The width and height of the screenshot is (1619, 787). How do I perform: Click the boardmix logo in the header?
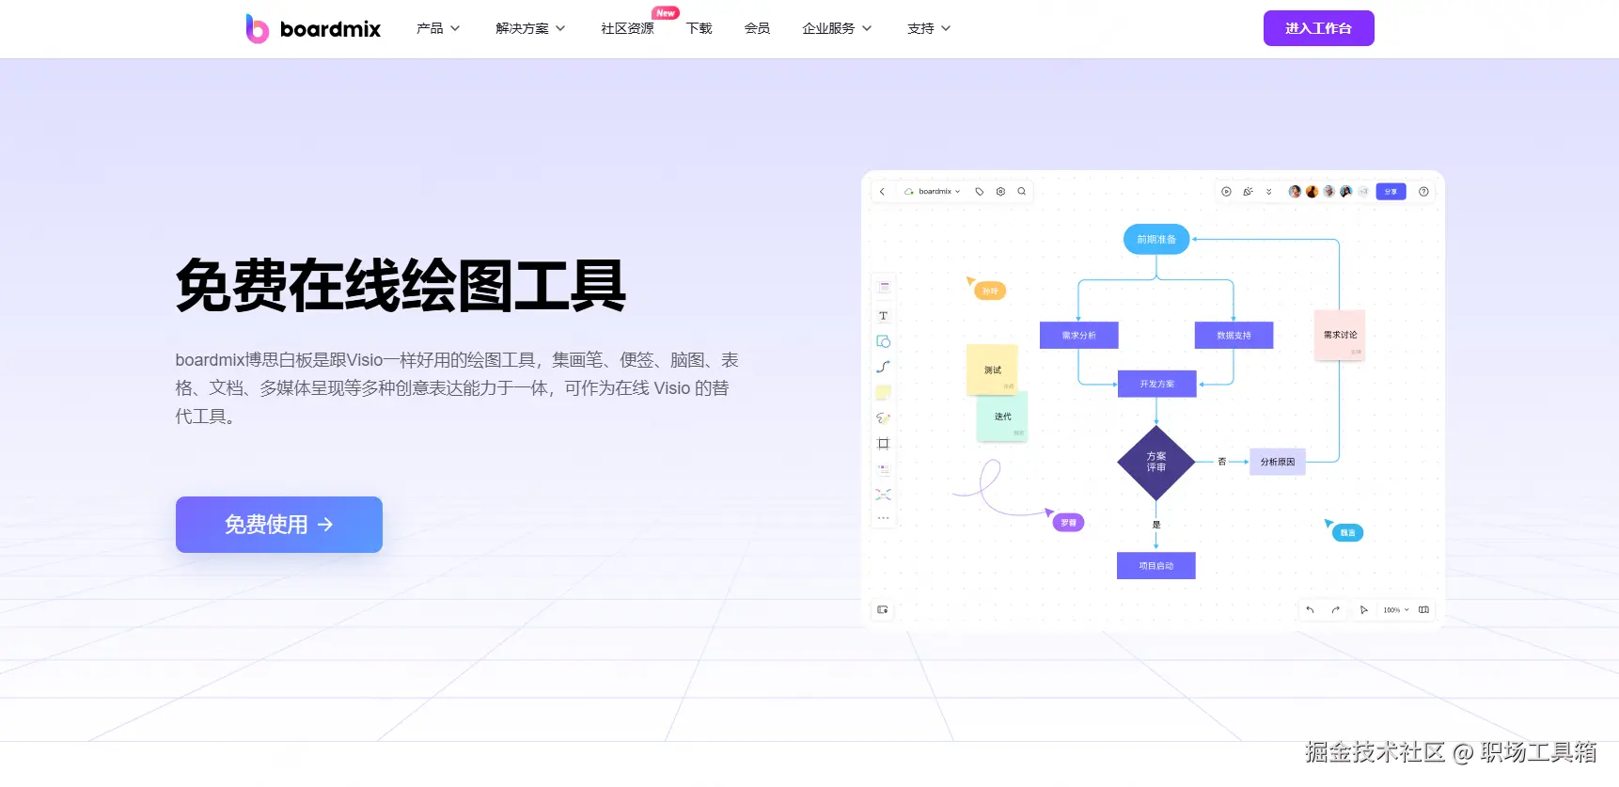point(313,29)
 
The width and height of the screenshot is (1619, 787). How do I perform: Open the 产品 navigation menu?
point(437,28)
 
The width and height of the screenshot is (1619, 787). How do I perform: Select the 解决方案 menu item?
point(529,28)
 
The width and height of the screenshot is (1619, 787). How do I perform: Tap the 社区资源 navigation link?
point(627,28)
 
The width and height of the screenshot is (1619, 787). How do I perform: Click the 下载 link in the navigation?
point(699,28)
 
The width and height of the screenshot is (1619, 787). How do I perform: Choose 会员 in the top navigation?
point(757,28)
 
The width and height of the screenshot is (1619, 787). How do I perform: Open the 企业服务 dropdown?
point(836,28)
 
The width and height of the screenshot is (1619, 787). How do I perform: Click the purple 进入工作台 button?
point(1318,28)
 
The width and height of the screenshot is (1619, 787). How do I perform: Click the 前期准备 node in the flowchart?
point(1155,239)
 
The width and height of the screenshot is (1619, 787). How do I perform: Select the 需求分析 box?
point(1078,335)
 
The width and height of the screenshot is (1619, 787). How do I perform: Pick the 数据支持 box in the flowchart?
point(1234,335)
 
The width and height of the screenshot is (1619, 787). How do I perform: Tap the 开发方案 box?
point(1156,384)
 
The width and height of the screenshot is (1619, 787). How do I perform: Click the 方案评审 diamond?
point(1155,462)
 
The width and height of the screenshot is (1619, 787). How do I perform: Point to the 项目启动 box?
point(1155,565)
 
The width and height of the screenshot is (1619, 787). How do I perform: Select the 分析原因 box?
point(1277,462)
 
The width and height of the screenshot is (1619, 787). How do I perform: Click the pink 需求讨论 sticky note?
point(1339,335)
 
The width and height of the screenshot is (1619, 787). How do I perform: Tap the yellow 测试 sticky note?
point(992,370)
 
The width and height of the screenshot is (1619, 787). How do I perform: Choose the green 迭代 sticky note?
point(1002,417)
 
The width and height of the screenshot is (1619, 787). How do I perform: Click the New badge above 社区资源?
point(666,13)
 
